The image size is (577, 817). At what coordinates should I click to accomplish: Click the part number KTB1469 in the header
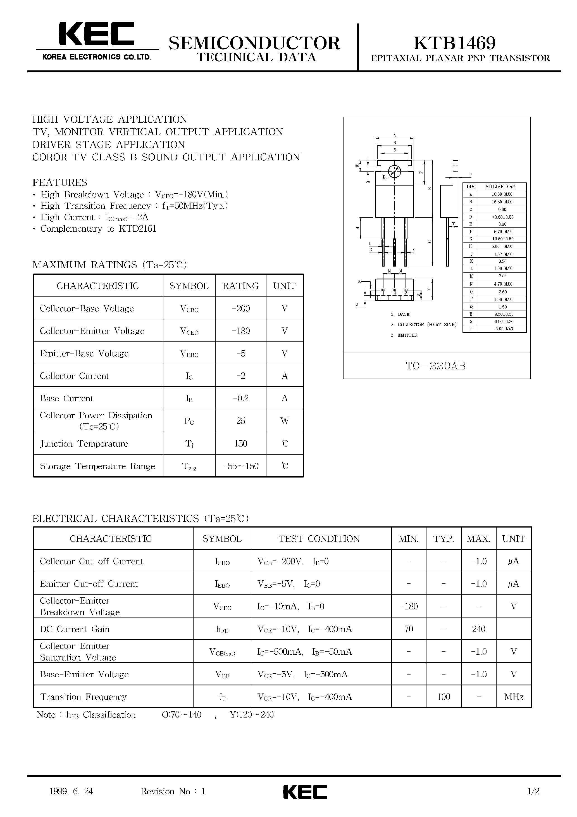[454, 43]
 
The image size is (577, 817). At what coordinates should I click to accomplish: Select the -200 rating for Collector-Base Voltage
[241, 308]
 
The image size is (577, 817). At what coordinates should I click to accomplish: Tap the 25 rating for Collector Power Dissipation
[241, 421]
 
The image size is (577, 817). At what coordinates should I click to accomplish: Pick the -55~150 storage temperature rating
[241, 466]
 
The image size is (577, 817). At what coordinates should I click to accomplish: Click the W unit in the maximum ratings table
[285, 421]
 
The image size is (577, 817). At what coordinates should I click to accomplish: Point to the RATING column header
[241, 286]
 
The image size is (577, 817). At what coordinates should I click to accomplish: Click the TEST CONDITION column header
[319, 539]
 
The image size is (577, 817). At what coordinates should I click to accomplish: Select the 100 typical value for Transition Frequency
[444, 697]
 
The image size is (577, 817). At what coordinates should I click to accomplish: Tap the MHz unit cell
[514, 697]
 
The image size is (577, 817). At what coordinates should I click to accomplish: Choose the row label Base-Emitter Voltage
[84, 674]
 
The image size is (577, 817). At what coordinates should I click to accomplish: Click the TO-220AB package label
[436, 366]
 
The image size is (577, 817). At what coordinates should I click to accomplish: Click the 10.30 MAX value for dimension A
[502, 194]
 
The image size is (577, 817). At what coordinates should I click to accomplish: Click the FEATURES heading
[60, 182]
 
